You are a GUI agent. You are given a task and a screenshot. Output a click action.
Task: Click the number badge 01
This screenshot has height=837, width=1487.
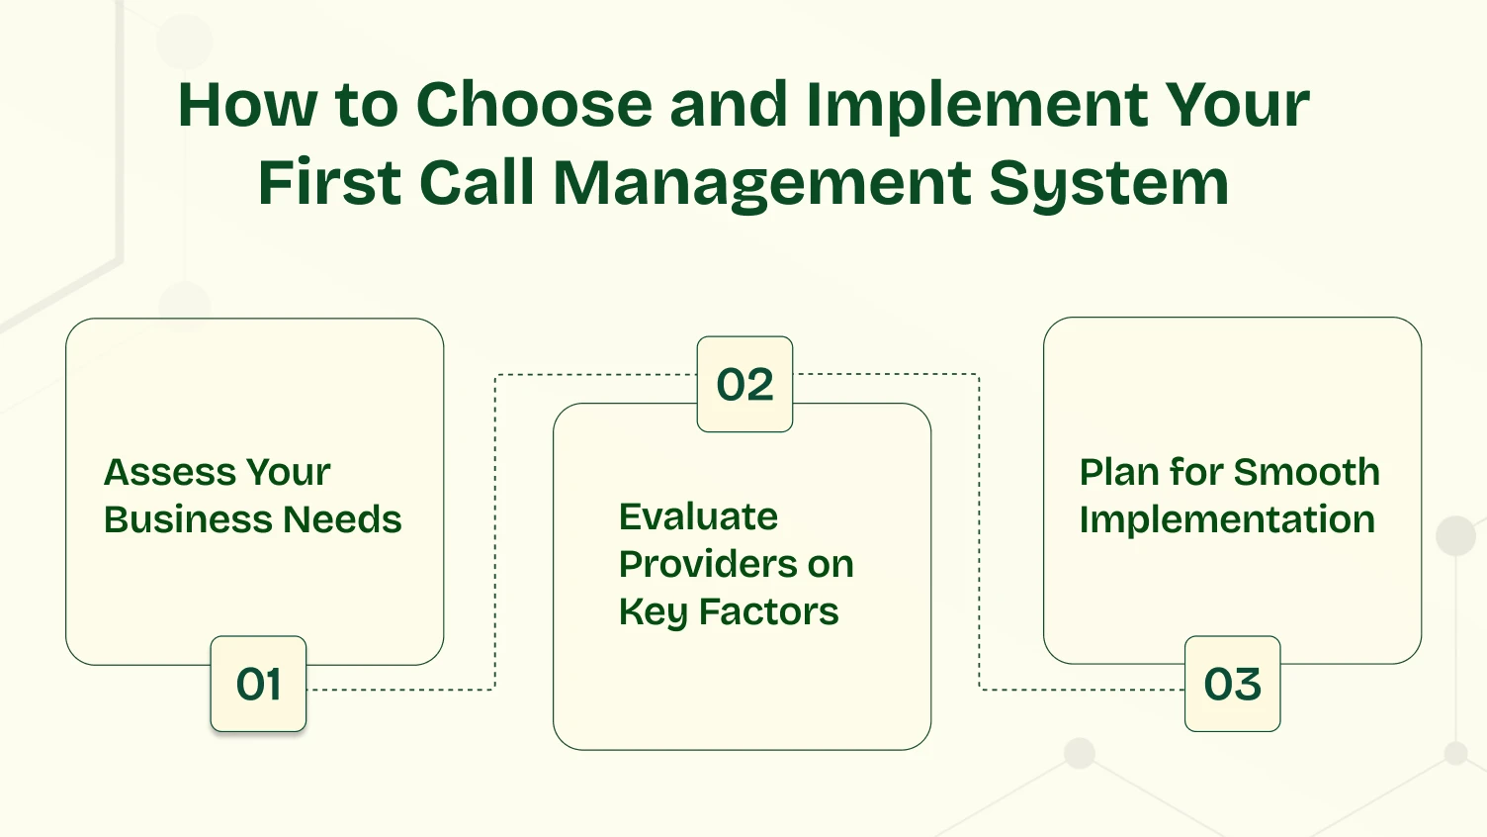(x=258, y=684)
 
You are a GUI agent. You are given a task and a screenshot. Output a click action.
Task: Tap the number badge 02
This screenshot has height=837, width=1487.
(x=744, y=384)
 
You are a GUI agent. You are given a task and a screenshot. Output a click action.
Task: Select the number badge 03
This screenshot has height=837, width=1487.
(x=1232, y=684)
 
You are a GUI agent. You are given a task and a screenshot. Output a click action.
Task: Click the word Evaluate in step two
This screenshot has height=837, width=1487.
(x=698, y=516)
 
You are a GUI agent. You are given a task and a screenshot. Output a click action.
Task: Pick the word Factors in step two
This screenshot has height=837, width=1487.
(x=768, y=611)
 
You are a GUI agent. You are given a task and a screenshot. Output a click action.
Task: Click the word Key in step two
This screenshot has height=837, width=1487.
(x=654, y=612)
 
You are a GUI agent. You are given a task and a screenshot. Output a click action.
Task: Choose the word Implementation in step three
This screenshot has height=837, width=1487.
(x=1226, y=519)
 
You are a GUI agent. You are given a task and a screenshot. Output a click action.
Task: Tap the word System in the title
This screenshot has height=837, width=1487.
(x=1108, y=185)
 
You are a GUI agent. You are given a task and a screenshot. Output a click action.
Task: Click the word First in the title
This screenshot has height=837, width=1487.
(x=329, y=183)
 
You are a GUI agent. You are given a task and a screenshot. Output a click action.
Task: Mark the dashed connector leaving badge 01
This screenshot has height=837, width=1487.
(x=400, y=690)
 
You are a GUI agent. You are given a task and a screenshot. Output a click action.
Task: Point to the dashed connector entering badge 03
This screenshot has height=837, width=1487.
(x=1083, y=689)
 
